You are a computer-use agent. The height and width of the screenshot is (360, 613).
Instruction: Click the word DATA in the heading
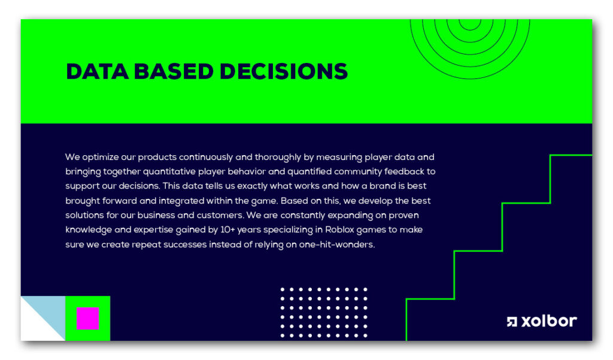pos(98,72)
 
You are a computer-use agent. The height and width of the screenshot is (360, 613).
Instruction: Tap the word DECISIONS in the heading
pos(283,72)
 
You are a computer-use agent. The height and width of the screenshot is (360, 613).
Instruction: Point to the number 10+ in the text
pos(227,229)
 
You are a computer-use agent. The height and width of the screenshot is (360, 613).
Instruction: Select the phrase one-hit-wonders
pos(336,244)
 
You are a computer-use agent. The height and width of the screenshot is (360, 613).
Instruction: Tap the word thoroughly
pos(278,158)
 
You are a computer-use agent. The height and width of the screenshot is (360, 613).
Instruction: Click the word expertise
pos(153,230)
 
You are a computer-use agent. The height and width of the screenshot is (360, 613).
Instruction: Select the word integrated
pos(181,201)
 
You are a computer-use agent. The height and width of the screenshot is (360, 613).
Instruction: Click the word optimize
pos(101,158)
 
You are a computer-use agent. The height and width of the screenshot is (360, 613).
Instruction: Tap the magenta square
pos(87,318)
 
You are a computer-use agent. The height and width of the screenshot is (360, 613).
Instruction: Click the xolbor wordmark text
pos(550,321)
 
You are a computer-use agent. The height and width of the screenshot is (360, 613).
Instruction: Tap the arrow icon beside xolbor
pos(512,322)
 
